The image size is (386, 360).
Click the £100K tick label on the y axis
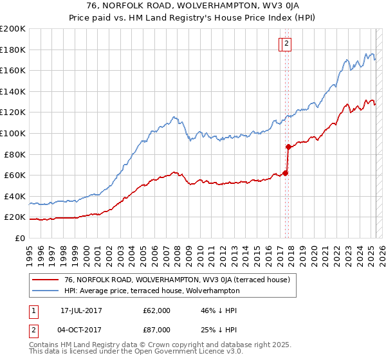13,133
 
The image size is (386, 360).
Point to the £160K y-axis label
13,70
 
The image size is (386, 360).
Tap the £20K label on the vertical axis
15,217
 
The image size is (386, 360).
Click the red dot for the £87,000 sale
288,147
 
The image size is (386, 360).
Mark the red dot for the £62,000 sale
285,173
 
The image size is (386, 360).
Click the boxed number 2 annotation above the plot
286,44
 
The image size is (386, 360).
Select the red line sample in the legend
44,280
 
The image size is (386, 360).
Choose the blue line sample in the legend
44,291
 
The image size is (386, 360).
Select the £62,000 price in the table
156,310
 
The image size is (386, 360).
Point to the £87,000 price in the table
156,330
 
